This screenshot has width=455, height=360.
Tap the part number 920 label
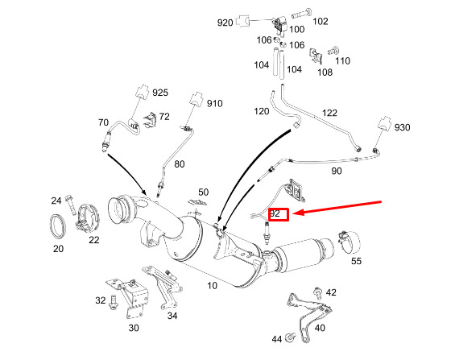225,23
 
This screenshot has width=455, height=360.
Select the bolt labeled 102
301,14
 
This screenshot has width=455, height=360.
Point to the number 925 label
160,93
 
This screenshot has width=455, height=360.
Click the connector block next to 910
196,99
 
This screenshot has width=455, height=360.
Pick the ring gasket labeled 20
58,226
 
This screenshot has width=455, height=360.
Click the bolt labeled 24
70,205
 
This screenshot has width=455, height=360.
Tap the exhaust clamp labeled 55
349,242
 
